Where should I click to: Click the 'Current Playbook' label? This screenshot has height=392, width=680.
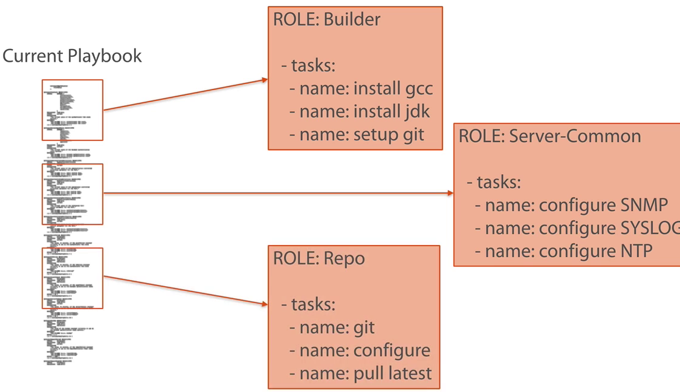click(72, 56)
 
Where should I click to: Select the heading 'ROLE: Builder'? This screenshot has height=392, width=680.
click(326, 19)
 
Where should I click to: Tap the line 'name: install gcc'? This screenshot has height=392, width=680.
click(361, 89)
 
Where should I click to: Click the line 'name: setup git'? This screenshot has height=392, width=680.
click(357, 135)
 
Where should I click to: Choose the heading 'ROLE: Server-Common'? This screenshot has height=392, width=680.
click(549, 136)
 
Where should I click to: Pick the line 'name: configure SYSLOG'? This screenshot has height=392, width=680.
click(577, 228)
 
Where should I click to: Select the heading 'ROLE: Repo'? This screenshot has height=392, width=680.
click(319, 258)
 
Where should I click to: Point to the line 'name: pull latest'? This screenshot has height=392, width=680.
click(360, 373)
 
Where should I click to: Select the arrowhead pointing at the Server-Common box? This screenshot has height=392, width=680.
click(450, 194)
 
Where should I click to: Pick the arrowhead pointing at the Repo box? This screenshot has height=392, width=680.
click(264, 304)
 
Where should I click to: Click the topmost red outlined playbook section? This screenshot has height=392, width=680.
click(73, 110)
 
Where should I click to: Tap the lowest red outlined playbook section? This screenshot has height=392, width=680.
click(73, 278)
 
